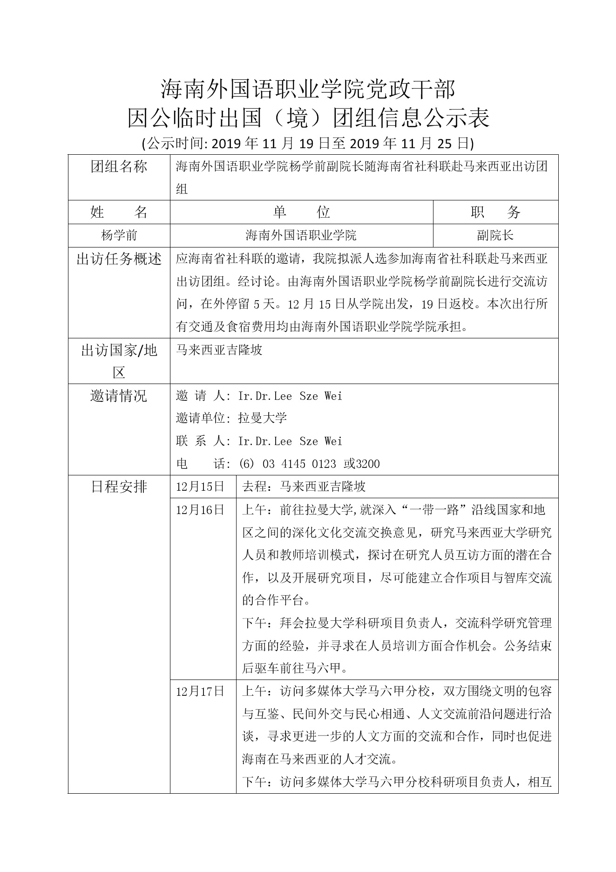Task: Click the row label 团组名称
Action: [x=119, y=167]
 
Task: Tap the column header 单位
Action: [x=301, y=213]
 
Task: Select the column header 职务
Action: [x=495, y=213]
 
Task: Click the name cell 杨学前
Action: [x=119, y=235]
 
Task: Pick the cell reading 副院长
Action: [x=495, y=235]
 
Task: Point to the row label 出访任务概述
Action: [x=119, y=259]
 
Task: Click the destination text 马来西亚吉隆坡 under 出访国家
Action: [x=219, y=350]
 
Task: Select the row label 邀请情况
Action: [x=119, y=396]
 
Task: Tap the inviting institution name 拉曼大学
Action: [x=262, y=418]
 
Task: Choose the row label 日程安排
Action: [x=119, y=487]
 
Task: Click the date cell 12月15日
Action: [x=200, y=487]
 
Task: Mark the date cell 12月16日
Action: [x=200, y=510]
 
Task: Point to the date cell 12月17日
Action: [x=200, y=691]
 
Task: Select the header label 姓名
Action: [x=119, y=213]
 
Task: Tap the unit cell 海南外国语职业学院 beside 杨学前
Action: [x=301, y=235]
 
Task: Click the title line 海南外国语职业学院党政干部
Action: [x=308, y=89]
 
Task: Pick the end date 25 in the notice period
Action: [x=446, y=143]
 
